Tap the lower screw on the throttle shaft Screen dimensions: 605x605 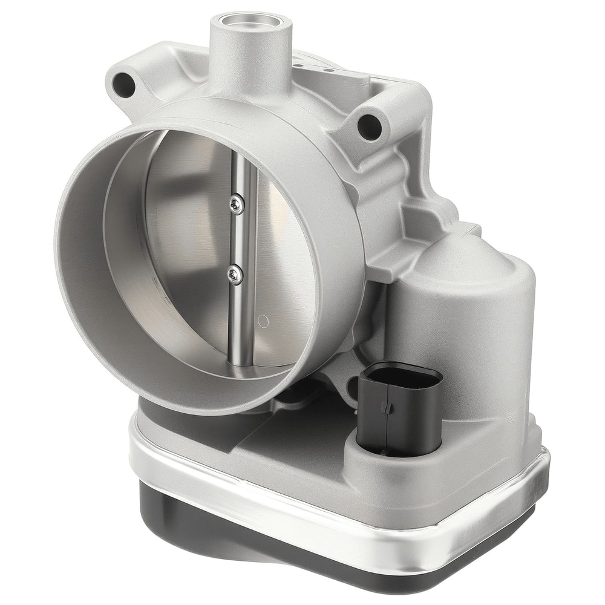(x=235, y=275)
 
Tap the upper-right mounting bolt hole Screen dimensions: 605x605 (x=368, y=126)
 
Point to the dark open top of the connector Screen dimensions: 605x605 (x=401, y=373)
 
